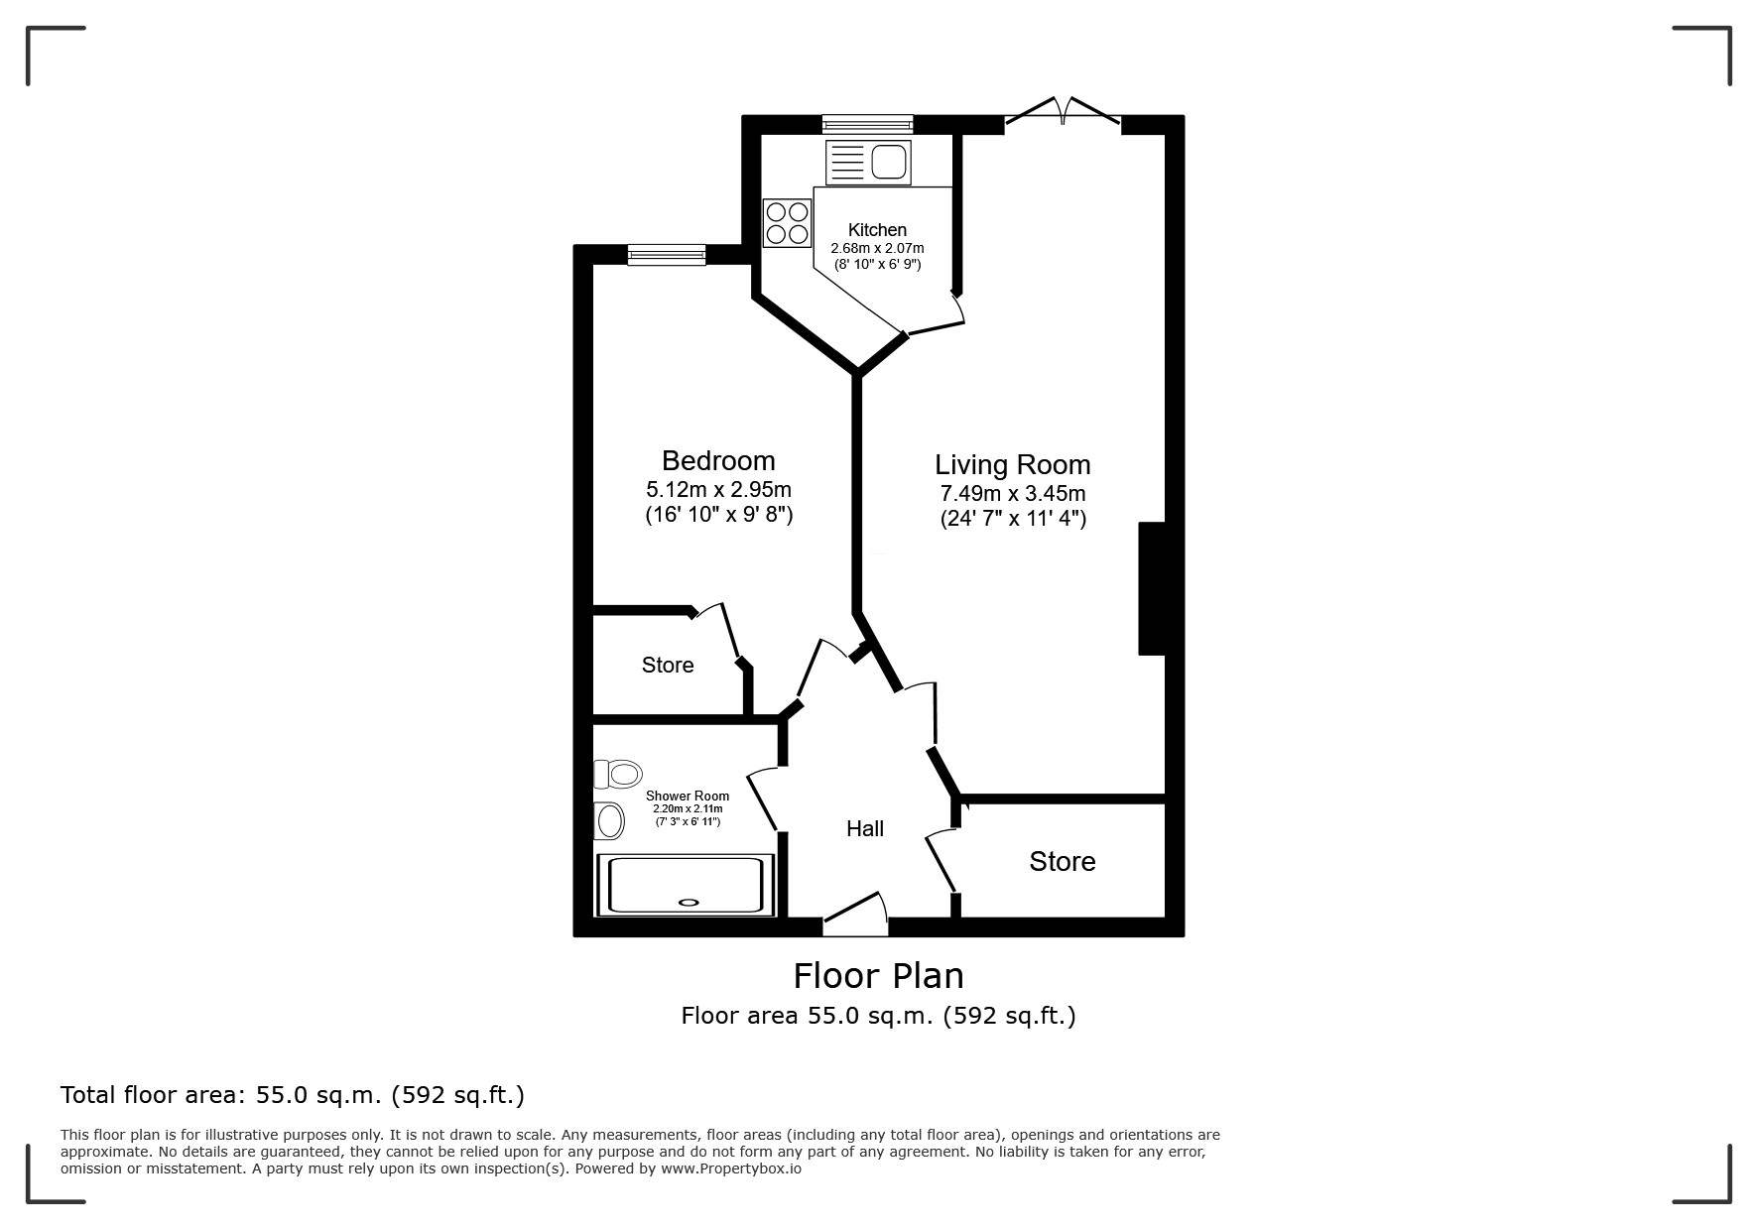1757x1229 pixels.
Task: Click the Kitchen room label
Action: [x=877, y=230]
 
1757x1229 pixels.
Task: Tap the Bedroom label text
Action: [x=718, y=460]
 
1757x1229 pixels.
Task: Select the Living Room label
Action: [x=1013, y=465]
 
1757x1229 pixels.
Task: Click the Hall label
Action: [x=865, y=829]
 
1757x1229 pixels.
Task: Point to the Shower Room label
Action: [x=688, y=796]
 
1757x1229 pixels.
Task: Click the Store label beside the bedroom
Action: [x=668, y=665]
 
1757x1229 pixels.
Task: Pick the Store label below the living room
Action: [x=1063, y=861]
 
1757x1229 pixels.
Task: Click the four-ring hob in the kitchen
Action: [x=787, y=223]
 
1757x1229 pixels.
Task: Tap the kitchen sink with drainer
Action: [x=868, y=162]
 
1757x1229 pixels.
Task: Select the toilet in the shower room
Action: [x=618, y=774]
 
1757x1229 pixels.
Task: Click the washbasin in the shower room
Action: [x=609, y=821]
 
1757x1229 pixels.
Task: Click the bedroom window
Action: [x=667, y=255]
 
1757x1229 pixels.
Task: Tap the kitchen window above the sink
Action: [x=867, y=124]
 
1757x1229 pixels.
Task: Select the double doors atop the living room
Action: [x=1064, y=111]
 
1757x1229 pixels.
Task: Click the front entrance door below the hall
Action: [x=855, y=915]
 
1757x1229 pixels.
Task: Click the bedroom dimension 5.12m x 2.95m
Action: [x=718, y=490]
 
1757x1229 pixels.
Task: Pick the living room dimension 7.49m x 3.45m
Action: [x=1013, y=494]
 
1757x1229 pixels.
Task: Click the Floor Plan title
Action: [x=878, y=976]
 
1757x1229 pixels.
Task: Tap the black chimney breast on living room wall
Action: [x=1151, y=588]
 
